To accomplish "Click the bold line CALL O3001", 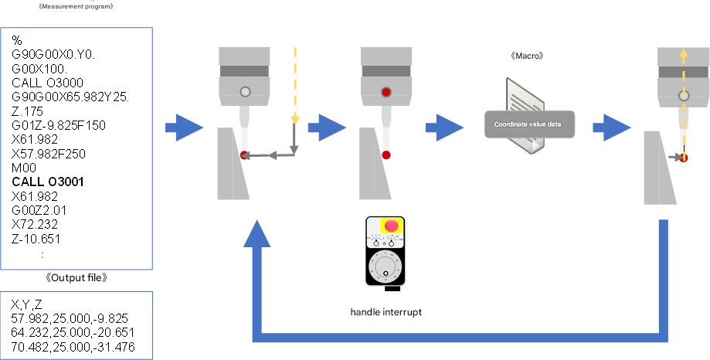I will (x=48, y=182).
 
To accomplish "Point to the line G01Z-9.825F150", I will (x=59, y=125).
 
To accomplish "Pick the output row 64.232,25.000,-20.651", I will (x=69, y=331).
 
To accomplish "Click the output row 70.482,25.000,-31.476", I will (x=69, y=345).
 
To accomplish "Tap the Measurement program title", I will (x=76, y=6).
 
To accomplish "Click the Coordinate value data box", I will (x=529, y=124).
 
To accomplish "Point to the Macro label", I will (x=527, y=56).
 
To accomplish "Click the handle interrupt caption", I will (x=386, y=313).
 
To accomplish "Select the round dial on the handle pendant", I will (x=386, y=268).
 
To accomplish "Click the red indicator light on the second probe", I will (x=386, y=92).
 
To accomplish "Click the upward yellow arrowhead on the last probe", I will (x=683, y=54).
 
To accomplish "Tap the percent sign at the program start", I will (x=16, y=40).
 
